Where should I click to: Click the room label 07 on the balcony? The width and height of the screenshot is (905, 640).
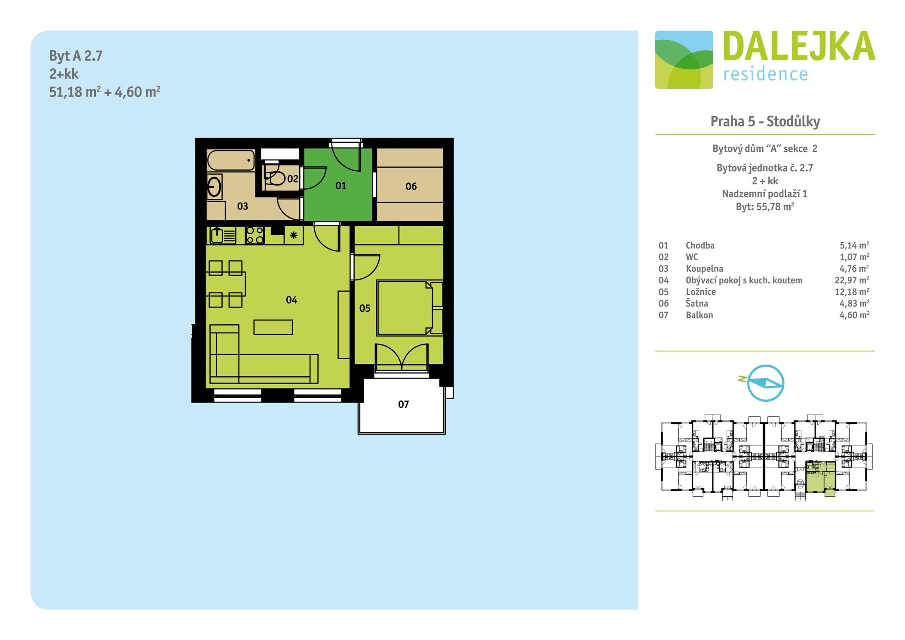[403, 404]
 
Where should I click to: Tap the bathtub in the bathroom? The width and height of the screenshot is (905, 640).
[231, 161]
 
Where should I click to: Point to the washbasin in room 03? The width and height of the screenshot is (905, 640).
[214, 187]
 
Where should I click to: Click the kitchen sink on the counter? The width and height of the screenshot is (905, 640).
[223, 235]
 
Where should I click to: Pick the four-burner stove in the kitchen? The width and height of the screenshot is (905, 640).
[255, 235]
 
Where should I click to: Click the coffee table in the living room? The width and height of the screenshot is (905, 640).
[273, 327]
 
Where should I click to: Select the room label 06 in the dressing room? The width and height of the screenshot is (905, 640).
[411, 187]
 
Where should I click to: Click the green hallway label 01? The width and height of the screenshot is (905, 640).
[341, 186]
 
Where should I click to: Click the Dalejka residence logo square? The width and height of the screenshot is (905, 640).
[684, 60]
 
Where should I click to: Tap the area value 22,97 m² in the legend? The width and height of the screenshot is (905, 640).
[852, 280]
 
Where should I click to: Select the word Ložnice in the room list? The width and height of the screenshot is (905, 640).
[701, 292]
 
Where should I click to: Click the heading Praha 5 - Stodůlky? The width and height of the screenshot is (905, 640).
[765, 121]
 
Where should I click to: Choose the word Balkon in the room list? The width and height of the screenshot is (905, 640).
[699, 315]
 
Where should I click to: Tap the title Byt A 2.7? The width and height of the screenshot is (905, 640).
[76, 56]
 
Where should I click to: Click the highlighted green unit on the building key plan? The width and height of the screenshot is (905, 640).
[820, 478]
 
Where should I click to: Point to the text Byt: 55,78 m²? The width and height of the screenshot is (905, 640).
[765, 206]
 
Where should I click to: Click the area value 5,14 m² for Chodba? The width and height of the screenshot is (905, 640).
[854, 245]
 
